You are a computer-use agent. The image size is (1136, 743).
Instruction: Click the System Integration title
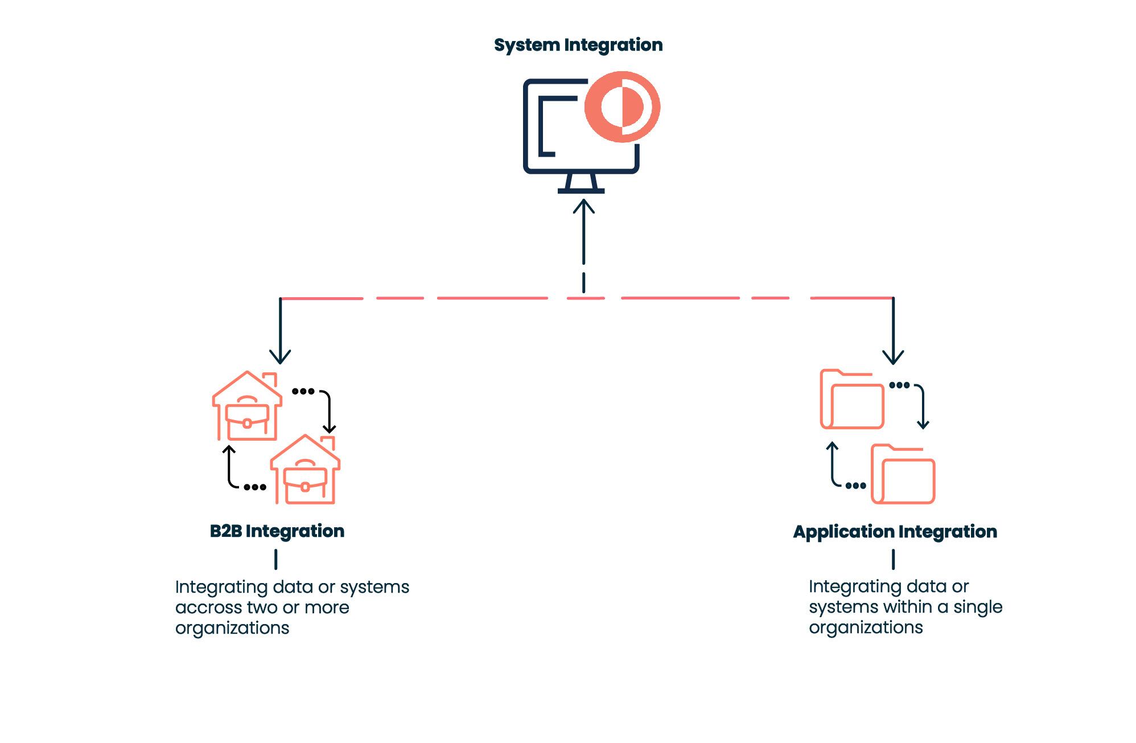(x=578, y=45)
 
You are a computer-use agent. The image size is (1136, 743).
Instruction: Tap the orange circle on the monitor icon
(x=622, y=106)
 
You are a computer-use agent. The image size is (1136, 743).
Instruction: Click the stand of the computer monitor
(x=581, y=183)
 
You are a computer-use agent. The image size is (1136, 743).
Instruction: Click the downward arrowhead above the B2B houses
(x=280, y=358)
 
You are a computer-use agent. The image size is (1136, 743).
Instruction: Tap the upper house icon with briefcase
(x=248, y=407)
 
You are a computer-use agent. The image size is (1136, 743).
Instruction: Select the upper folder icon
(x=852, y=400)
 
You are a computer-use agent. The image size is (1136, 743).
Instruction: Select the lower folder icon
(x=903, y=474)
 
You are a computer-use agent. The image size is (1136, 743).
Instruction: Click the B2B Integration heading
(x=277, y=531)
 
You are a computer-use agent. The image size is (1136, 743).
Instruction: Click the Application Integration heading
(x=895, y=532)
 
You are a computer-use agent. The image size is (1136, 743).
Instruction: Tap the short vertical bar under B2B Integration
(x=276, y=559)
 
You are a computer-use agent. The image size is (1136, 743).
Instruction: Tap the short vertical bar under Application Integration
(x=893, y=559)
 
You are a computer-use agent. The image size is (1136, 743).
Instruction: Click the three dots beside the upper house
(x=303, y=391)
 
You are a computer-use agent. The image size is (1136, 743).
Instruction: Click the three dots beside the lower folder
(x=855, y=486)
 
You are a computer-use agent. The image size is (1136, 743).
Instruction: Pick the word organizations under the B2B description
(x=232, y=628)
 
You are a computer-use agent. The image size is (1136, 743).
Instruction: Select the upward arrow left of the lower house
(x=229, y=464)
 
